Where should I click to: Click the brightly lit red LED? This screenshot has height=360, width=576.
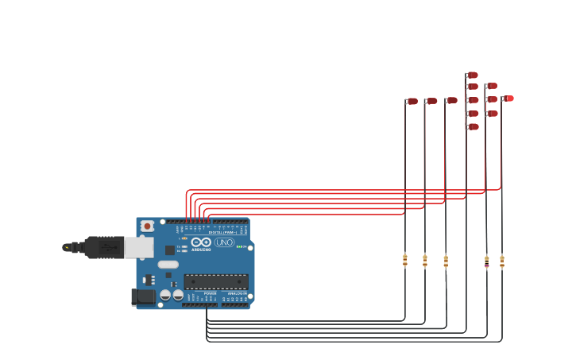pos(509,99)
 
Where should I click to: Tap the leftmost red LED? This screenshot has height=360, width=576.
pos(412,101)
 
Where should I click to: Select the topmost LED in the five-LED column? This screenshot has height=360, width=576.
pos(472,75)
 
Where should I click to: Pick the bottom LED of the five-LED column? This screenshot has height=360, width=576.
pos(473,126)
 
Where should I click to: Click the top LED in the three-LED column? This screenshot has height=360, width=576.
pos(492,86)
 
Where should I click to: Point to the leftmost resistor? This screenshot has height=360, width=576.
pos(404,260)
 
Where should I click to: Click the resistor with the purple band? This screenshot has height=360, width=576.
pos(487,261)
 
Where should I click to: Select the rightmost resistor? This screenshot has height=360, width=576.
pos(501,261)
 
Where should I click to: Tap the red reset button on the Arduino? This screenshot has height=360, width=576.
pos(147,226)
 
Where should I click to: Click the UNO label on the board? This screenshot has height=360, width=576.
pos(225,242)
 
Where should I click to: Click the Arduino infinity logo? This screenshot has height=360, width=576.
pos(201,242)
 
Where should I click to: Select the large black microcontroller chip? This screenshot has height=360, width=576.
pos(215,281)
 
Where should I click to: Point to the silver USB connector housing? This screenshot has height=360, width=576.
pos(139,247)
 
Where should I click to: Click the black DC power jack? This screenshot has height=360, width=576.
pos(144,296)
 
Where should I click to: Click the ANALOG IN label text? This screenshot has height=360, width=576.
pos(237,293)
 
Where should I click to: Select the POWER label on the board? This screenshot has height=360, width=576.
pos(211,293)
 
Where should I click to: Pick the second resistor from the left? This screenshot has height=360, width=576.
pos(425,260)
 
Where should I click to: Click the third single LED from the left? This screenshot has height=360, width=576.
pos(451,100)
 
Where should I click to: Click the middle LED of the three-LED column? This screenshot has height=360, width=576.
pos(492,99)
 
